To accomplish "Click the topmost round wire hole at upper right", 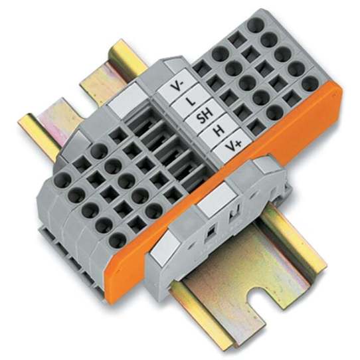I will click(254, 25).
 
